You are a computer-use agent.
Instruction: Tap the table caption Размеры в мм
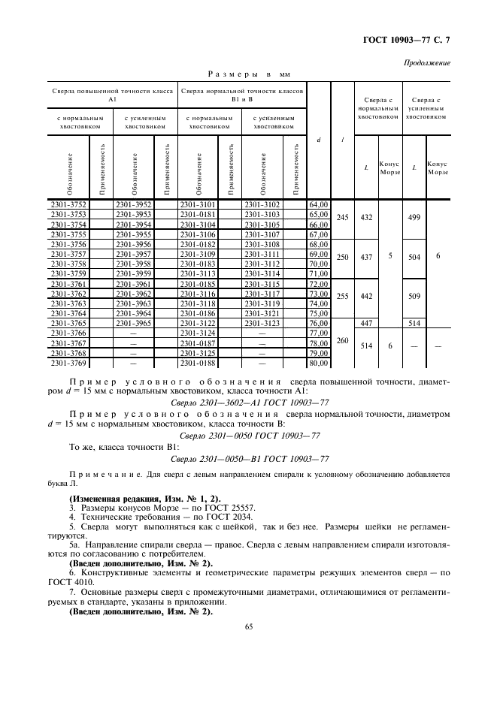(248, 74)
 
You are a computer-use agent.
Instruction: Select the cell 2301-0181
(197, 214)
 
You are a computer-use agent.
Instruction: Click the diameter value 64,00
(320, 204)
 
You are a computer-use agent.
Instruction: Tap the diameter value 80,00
(320, 363)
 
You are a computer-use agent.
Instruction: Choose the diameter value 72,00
(320, 283)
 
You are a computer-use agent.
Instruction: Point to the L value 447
(366, 322)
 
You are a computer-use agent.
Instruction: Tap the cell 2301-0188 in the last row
(197, 363)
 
